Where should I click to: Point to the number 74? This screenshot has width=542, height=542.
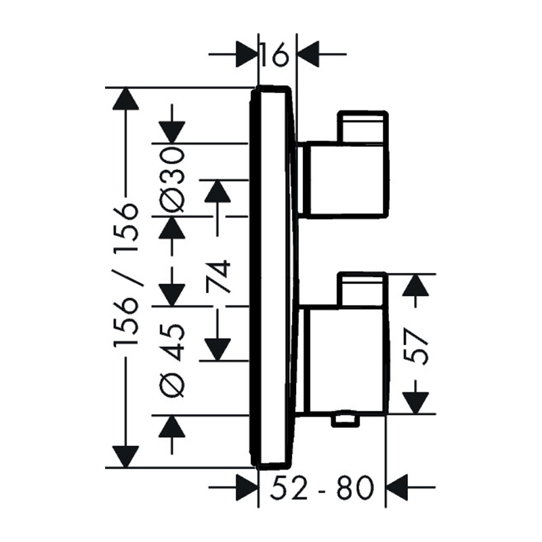pos(218,276)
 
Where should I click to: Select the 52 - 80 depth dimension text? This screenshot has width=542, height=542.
pos(321,487)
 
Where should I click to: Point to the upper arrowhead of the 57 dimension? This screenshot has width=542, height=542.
pos(416,285)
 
